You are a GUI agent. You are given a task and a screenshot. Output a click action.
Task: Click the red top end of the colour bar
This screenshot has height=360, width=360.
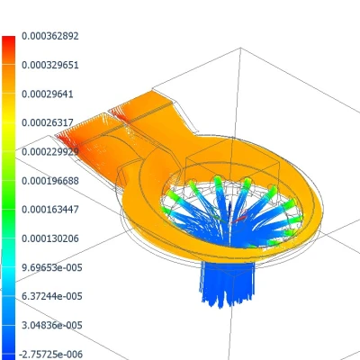8,40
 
